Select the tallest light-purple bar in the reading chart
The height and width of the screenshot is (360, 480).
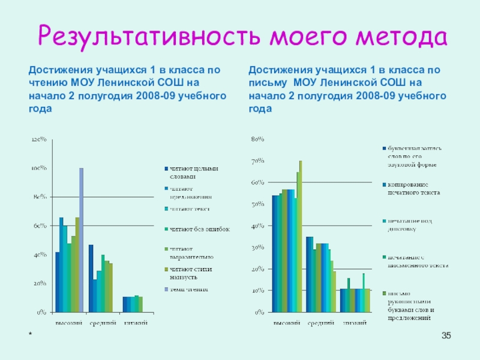(x=81, y=240)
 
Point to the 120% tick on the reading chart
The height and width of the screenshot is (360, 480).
(x=39, y=140)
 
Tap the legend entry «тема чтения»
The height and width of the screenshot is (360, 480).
(x=188, y=290)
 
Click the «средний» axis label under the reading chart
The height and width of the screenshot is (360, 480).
(x=103, y=323)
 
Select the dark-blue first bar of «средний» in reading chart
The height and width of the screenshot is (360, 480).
(x=91, y=278)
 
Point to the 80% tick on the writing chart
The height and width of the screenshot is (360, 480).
(x=257, y=139)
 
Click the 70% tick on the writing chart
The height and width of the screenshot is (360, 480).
(x=257, y=161)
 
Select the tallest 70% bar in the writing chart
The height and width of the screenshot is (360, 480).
(x=301, y=236)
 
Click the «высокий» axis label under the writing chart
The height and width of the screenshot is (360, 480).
(x=287, y=323)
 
